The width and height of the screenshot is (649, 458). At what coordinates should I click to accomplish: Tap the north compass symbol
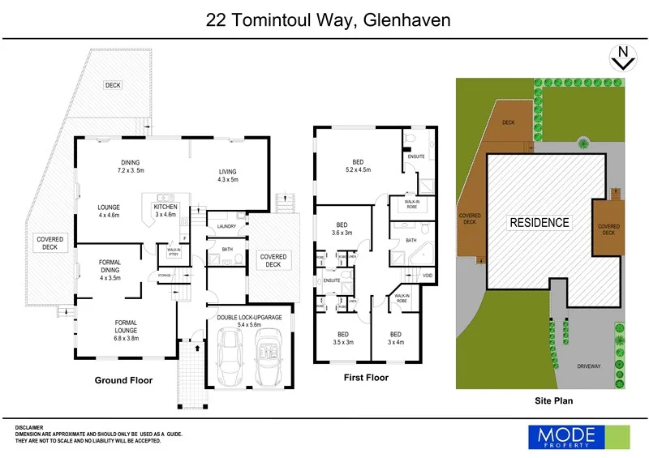tap(621, 58)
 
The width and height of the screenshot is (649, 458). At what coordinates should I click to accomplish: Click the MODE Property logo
tap(578, 437)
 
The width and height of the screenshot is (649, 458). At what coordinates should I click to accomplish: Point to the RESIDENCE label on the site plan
tap(539, 222)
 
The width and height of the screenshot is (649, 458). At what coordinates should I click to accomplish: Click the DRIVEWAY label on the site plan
tap(589, 366)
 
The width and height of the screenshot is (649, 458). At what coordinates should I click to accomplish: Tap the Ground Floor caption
tap(123, 380)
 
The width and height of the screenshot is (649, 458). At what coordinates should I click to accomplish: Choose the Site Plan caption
tap(556, 400)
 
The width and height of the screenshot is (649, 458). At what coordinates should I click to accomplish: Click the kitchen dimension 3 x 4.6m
tap(165, 215)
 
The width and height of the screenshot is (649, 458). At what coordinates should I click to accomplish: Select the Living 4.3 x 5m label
tap(228, 175)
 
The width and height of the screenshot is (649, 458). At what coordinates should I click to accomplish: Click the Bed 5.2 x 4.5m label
tap(358, 165)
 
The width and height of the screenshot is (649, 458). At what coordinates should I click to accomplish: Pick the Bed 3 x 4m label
tap(395, 338)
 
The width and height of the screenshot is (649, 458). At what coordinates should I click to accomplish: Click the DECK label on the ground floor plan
tap(112, 85)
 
